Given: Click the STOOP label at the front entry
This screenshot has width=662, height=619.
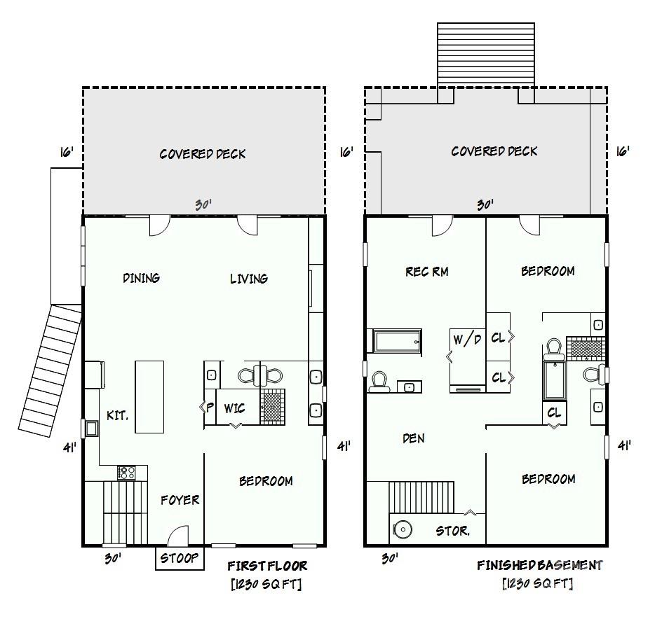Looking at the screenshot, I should tap(180, 558).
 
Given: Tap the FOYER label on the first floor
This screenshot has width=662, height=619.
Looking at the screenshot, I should tap(180, 500).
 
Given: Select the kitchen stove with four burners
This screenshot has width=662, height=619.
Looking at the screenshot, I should tap(126, 473).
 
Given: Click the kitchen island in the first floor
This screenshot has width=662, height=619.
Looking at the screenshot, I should tap(149, 397).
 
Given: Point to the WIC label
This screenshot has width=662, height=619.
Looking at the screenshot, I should tap(234, 408).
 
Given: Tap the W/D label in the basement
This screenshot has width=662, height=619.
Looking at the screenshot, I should tap(467, 340).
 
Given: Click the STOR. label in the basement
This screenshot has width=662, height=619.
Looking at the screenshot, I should tap(453, 531).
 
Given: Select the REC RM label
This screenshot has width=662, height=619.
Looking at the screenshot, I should tap(426, 271).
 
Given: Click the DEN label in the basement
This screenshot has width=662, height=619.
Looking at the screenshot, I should tap(413, 438).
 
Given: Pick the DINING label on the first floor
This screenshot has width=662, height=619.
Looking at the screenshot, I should tap(141, 278).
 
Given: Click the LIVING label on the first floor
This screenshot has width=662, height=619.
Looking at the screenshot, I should tap(248, 279).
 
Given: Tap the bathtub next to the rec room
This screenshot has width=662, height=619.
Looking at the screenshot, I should tap(397, 341).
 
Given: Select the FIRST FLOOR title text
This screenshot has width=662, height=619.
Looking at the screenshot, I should tap(267, 566).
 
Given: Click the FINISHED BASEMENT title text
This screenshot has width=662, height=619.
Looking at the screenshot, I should tap(539, 565).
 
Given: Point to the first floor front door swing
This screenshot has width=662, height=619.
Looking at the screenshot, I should tap(178, 537).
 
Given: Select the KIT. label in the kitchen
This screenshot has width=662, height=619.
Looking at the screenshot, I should tap(117, 415).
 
